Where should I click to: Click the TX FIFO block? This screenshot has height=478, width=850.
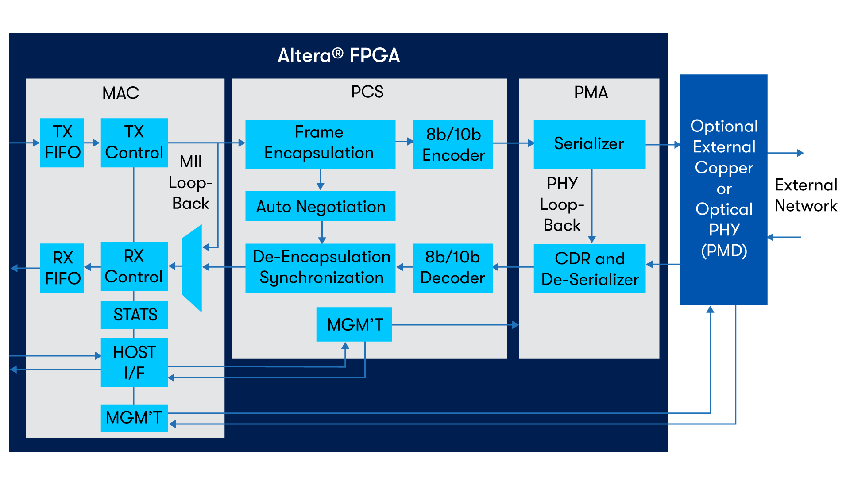pos(62,143)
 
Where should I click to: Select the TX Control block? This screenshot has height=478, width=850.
pos(134,143)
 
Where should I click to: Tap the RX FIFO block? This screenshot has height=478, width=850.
pos(62,268)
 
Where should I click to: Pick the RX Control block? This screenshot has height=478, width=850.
pos(134,266)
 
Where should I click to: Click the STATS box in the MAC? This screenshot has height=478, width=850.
pos(134,315)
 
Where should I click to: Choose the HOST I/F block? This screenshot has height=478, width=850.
pos(134,362)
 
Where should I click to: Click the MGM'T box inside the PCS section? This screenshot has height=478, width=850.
pos(354,324)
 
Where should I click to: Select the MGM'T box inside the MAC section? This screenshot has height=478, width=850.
pos(134,418)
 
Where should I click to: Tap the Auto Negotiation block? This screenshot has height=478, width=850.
pos(320,206)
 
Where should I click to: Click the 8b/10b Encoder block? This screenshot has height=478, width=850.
pos(453,144)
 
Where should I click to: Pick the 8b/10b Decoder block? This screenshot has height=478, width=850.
pos(453,268)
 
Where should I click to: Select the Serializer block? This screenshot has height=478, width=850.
pos(589,144)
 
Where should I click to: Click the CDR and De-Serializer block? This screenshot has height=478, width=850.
pos(589,269)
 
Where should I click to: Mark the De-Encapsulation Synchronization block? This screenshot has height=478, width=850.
pos(320,268)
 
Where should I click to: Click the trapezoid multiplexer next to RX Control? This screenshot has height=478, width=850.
pos(192,268)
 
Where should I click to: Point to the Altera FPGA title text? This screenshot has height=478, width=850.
pos(339,56)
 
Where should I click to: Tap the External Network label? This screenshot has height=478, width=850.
pos(806,195)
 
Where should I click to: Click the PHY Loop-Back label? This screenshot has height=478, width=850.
pos(562,204)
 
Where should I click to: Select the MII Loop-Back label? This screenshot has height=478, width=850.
pos(191,182)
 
